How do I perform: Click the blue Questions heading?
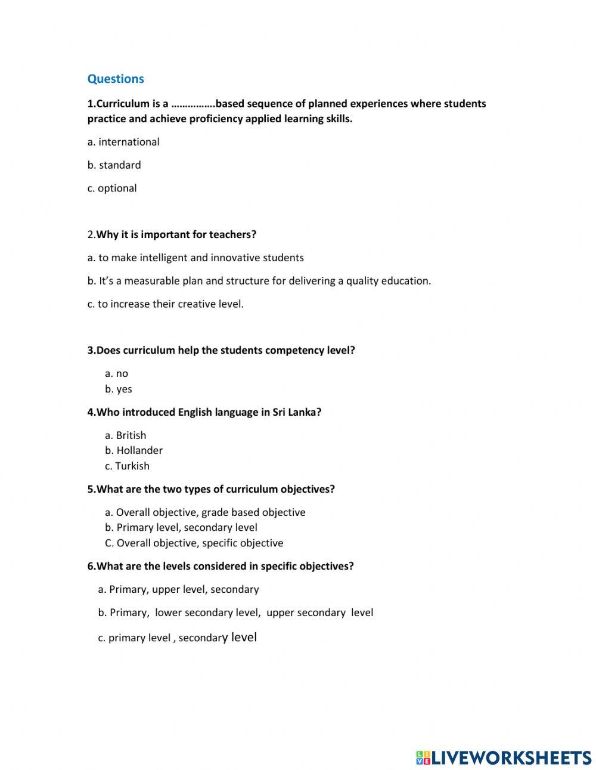tap(116, 79)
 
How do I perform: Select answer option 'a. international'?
tap(123, 142)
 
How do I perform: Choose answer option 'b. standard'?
tap(114, 165)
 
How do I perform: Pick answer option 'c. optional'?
tap(112, 188)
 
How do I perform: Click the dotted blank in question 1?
tap(193, 104)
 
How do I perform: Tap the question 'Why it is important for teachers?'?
tap(176, 234)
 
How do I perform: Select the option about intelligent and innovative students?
tap(195, 258)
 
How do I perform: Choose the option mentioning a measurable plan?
tap(259, 281)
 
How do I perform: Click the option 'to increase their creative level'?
tap(166, 304)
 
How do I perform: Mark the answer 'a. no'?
tap(117, 374)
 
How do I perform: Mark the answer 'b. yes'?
tap(119, 389)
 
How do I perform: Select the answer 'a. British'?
tap(126, 435)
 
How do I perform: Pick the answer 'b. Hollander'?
tap(134, 451)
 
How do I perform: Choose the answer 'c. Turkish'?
tap(128, 466)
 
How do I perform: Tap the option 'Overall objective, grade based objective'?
tap(205, 512)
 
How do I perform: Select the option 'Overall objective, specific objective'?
tap(194, 543)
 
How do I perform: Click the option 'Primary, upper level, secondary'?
tap(179, 589)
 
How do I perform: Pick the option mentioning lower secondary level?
tap(236, 613)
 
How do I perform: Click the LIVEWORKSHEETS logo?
tap(504, 757)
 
